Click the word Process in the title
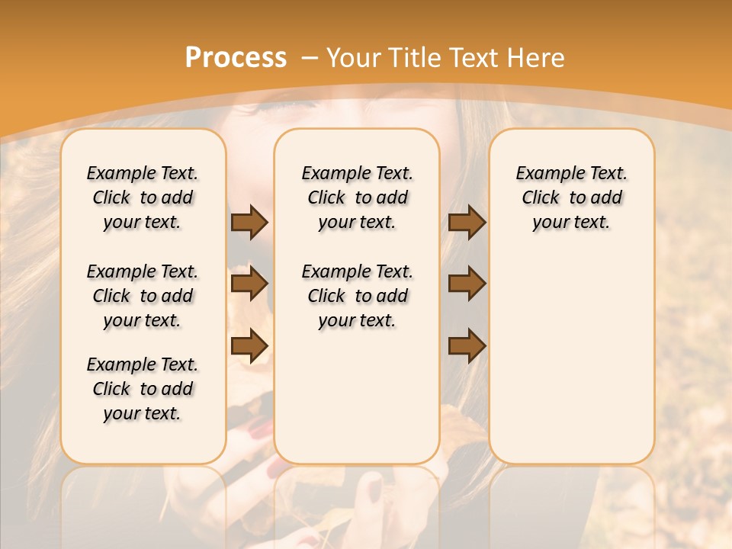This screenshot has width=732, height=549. pos(236,58)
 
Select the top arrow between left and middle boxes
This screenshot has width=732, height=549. pos(249,223)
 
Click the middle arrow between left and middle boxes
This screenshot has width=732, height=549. pos(249,284)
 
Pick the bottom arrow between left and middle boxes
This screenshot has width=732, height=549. pos(249,345)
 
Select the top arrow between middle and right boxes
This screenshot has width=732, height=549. pos(467,223)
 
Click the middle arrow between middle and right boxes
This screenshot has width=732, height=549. pos(467,284)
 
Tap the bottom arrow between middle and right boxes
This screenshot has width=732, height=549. pos(467,345)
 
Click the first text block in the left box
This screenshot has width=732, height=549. pos(143,197)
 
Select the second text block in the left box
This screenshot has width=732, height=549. pos(143,296)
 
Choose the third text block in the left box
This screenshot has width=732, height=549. pos(143,389)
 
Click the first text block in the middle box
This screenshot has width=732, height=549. pos(357,197)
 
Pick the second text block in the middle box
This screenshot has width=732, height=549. pos(357,296)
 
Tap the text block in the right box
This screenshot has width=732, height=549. pos(571,197)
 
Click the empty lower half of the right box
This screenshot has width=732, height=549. pos(571,366)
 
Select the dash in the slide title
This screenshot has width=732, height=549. pos(310,59)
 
